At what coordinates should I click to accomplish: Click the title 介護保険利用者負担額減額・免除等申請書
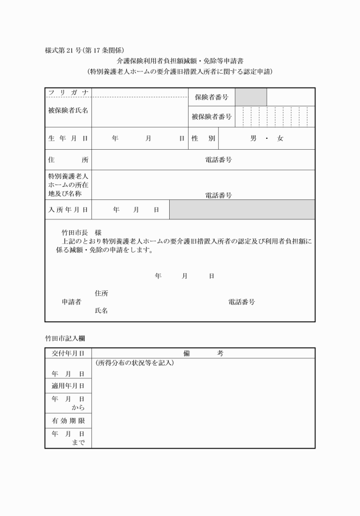179,61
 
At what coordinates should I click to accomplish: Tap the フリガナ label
68,93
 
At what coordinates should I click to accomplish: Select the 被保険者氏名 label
68,110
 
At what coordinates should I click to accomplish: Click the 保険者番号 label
211,97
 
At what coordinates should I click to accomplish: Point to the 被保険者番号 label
211,117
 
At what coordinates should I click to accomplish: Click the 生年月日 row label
68,138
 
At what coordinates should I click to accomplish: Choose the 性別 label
203,138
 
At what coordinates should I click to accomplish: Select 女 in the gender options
280,138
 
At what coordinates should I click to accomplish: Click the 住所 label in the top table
68,160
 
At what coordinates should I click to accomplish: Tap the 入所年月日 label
68,210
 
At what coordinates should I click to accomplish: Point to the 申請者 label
71,302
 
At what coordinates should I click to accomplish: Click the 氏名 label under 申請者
101,310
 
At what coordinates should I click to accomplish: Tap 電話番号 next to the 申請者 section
242,302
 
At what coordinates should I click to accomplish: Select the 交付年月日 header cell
68,354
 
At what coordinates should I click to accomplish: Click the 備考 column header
203,354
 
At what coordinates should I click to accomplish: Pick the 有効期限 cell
68,421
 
